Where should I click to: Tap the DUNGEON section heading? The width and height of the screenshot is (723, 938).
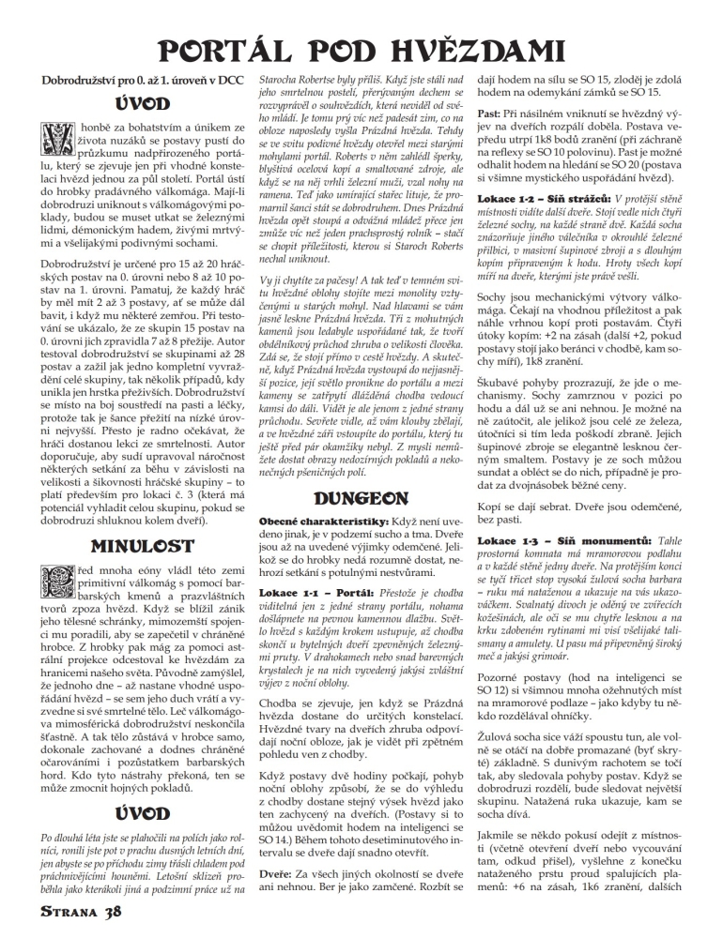coord(361,498)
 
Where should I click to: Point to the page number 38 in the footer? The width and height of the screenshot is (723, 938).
coord(112,913)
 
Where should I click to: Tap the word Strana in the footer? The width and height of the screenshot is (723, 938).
coord(69,913)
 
